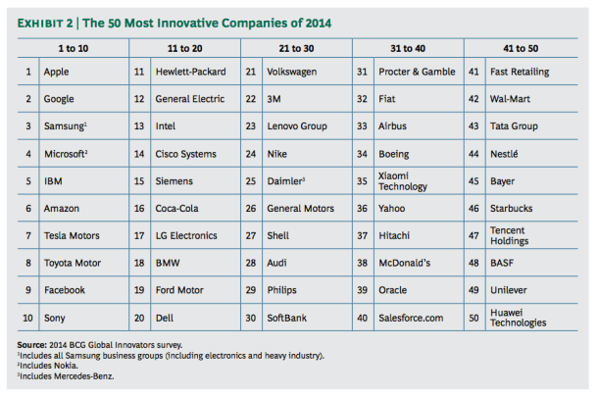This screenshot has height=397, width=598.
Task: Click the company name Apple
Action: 58,72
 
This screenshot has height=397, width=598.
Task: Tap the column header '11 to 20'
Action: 184,46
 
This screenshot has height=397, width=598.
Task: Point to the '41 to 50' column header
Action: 520,46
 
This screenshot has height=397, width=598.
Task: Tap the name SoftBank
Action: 290,318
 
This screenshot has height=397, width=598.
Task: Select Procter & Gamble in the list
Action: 418,72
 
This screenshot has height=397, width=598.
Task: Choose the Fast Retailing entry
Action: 521,72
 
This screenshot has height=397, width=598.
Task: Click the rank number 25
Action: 251,181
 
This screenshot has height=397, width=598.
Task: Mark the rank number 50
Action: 474,318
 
